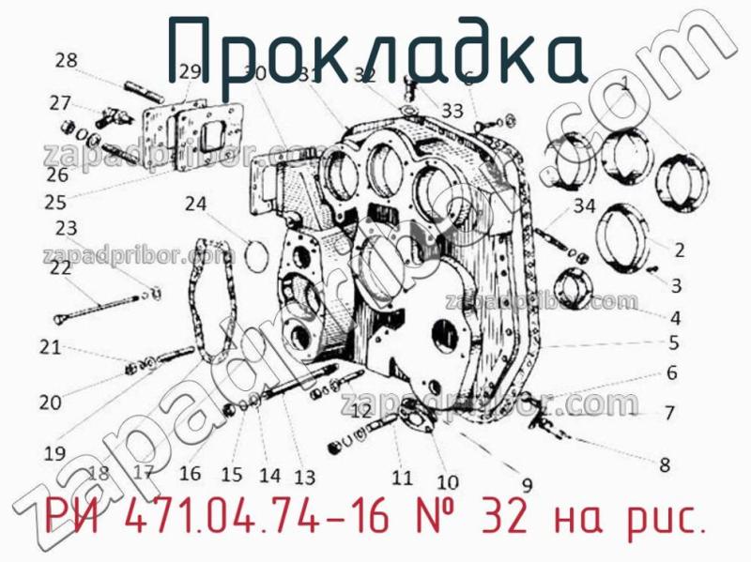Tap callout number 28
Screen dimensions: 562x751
(66, 61)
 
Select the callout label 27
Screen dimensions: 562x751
(60, 102)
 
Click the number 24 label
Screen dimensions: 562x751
(195, 203)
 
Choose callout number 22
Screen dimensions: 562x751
(60, 267)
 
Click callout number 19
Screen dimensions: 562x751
(54, 453)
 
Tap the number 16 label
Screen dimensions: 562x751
(191, 473)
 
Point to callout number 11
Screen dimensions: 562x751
(402, 478)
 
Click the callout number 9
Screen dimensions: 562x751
(527, 485)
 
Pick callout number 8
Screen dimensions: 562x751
(665, 463)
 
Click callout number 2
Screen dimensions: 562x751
(678, 250)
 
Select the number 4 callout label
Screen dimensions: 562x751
(674, 317)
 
